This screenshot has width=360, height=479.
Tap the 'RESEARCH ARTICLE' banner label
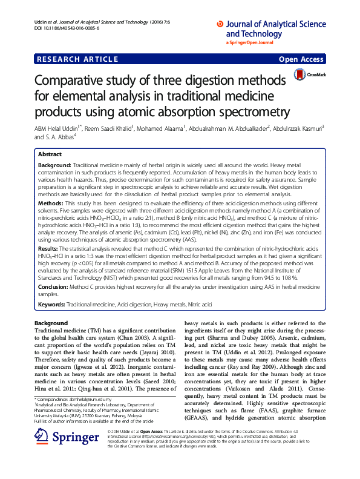click(x=77, y=59)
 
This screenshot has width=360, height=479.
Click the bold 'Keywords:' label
click(x=51, y=302)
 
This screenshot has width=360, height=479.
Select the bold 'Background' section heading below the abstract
click(x=51, y=323)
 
